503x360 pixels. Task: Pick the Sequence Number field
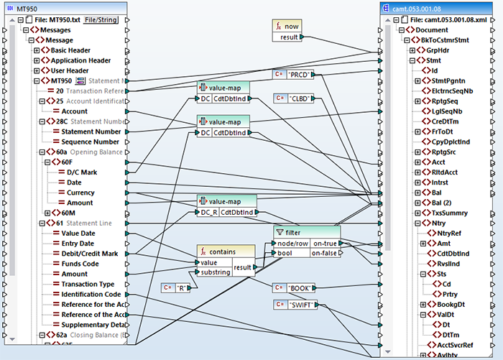pos(91,142)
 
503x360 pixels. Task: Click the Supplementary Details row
pos(93,325)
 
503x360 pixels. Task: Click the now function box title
pos(292,25)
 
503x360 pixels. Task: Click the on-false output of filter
pos(325,253)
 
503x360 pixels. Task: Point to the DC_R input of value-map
pos(206,212)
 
